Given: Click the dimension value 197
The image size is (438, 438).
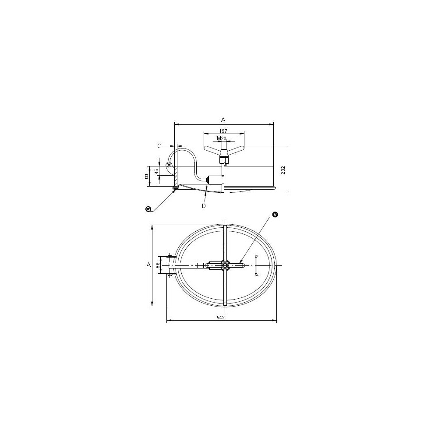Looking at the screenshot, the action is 223,131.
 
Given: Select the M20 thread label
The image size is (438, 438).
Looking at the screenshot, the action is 222,138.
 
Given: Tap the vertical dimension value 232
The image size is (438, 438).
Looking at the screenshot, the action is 283,170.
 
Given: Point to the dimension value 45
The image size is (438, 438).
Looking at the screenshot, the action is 157,171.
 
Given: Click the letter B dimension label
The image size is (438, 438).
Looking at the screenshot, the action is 146,177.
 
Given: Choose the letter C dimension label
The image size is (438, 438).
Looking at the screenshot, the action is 159,146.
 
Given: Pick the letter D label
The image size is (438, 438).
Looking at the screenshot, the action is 204,206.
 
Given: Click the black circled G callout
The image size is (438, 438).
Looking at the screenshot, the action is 148,209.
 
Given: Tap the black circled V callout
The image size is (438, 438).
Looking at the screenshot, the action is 275,214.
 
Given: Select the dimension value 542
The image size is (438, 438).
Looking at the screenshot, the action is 221,317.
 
